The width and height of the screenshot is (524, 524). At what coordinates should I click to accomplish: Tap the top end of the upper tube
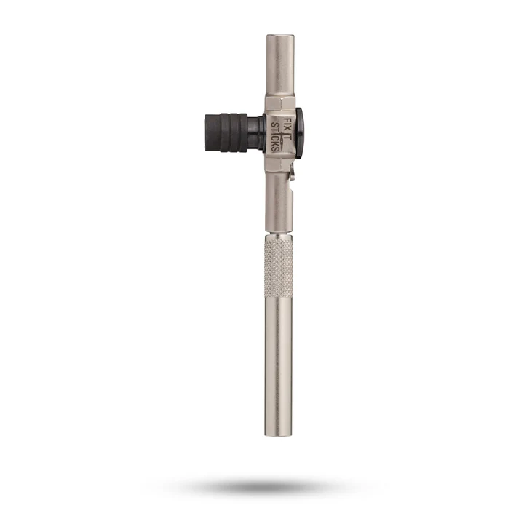pos(279,36)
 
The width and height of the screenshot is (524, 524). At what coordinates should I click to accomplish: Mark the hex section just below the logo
pos(279,167)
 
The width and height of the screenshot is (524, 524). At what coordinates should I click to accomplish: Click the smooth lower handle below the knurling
pos(279,371)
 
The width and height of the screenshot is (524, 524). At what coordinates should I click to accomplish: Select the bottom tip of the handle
pos(279,432)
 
